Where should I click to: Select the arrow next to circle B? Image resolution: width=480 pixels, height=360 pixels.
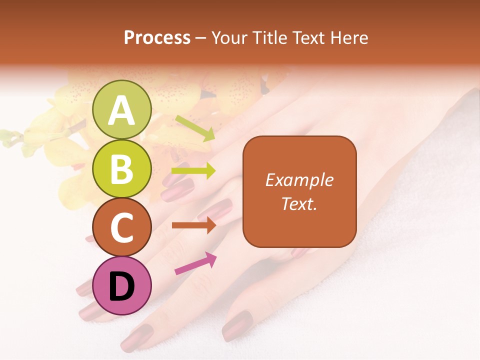tap(193, 171)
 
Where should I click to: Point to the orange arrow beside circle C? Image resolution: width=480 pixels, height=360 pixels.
tap(193, 225)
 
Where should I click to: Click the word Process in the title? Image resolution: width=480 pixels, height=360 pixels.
tap(157, 38)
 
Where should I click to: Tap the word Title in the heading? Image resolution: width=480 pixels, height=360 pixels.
tap(266, 38)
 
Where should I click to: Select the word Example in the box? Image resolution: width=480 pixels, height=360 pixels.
tap(299, 180)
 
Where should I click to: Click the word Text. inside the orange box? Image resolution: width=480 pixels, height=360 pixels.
tap(299, 203)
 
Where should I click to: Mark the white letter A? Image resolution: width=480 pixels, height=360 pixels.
tap(122, 111)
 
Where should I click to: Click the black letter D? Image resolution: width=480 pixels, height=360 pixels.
tap(122, 286)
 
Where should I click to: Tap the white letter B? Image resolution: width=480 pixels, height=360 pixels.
tap(122, 169)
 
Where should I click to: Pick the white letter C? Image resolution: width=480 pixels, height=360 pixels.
tap(122, 227)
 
